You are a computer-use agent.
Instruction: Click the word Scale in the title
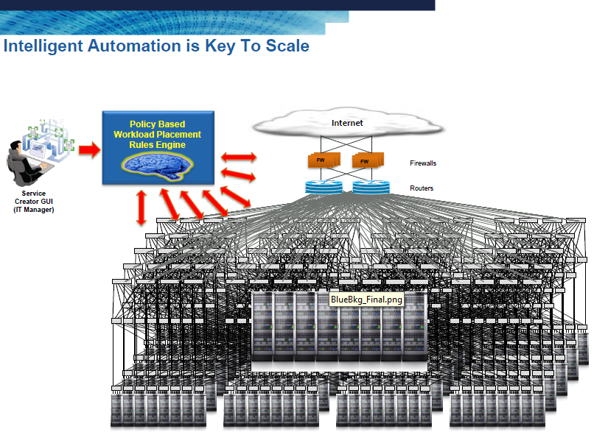[284, 46]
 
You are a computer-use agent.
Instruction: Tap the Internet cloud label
[347, 123]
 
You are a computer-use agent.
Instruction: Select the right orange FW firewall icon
[366, 160]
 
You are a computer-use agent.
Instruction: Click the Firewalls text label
[425, 163]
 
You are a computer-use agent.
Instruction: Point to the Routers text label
[422, 188]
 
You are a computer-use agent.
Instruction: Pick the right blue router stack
[370, 186]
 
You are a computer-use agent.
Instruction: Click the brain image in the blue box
[157, 166]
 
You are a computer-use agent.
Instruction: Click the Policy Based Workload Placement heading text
[157, 130]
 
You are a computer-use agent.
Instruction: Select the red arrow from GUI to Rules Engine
[88, 150]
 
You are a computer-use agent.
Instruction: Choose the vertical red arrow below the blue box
[140, 207]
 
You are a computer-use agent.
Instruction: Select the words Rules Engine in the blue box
[157, 145]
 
